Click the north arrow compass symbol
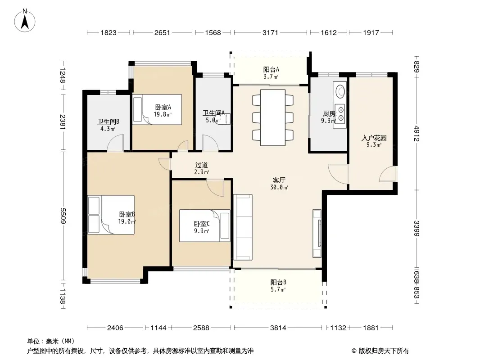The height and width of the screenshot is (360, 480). tap(25, 21)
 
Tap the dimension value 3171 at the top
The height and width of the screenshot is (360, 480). tap(270, 32)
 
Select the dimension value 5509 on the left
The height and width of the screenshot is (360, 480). tap(63, 216)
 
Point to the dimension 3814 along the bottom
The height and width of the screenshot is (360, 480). tap(278, 328)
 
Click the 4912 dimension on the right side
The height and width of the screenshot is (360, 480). tap(417, 134)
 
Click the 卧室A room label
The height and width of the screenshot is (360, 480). tap(163, 108)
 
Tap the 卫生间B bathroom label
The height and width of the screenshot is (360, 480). tap(108, 122)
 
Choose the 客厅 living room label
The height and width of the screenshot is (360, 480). tap(279, 180)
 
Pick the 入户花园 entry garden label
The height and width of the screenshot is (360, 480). tap(374, 138)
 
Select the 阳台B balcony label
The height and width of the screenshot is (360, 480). tap(278, 282)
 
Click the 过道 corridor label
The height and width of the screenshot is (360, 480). tap(201, 165)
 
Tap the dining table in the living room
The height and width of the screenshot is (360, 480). tap(273, 117)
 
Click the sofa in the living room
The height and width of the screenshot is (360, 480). tap(243, 227)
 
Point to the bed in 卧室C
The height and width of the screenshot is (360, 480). tap(204, 225)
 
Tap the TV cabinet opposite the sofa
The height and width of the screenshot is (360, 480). tap(317, 233)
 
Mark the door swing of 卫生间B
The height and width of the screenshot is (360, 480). tap(115, 143)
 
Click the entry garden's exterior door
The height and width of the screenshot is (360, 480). tap(388, 174)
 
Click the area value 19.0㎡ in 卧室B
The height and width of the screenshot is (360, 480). tap(127, 221)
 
